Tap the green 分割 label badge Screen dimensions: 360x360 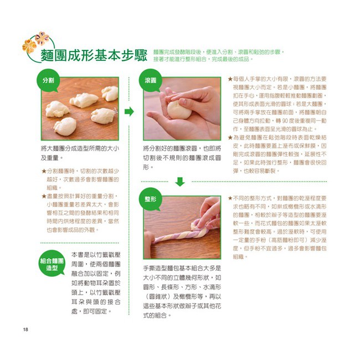pos(49,80)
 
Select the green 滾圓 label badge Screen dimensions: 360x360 pos(151,80)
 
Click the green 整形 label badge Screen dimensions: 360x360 pos(151,199)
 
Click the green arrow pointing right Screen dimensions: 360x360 pos(129,112)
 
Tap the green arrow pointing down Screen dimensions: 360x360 pos(180,182)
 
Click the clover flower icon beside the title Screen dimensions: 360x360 pos(34,44)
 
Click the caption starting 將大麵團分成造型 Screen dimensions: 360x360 pos(79,153)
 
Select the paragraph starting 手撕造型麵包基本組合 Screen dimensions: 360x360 pos(182,291)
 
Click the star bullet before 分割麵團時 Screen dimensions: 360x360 pos(44,172)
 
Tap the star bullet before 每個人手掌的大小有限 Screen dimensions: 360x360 pos(230,79)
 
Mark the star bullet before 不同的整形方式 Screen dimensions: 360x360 pos(230,198)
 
